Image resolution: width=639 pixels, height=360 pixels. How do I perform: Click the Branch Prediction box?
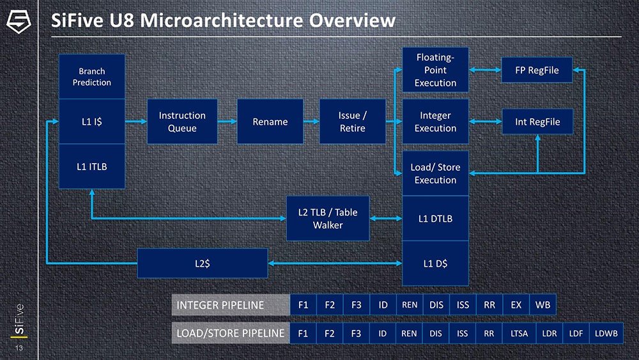(91, 77)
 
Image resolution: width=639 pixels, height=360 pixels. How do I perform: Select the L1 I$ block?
(91, 121)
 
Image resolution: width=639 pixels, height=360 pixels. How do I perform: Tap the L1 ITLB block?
(91, 166)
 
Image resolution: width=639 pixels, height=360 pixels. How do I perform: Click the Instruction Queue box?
(182, 121)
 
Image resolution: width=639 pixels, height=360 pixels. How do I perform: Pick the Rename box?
(270, 121)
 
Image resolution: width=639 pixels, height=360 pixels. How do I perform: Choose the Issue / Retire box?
(352, 121)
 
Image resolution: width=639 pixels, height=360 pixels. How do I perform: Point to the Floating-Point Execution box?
(435, 70)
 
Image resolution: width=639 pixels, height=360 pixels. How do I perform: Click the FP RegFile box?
(538, 70)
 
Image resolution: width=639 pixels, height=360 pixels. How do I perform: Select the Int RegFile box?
(538, 121)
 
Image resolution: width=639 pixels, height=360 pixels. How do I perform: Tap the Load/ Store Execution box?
(435, 173)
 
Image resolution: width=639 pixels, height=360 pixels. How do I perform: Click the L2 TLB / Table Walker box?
(328, 219)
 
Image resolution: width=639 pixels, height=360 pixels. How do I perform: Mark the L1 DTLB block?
(435, 219)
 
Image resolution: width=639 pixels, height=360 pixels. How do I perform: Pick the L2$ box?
(203, 263)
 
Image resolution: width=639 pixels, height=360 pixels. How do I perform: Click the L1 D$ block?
(435, 263)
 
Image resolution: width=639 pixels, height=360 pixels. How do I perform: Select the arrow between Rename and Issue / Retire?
(311, 121)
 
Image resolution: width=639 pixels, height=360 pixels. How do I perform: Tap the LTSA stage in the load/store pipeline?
(519, 333)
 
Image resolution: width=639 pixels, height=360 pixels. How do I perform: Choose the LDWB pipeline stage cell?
(606, 333)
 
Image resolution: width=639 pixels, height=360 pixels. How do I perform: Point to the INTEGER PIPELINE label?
(220, 305)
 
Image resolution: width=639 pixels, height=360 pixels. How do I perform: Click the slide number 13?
(19, 348)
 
